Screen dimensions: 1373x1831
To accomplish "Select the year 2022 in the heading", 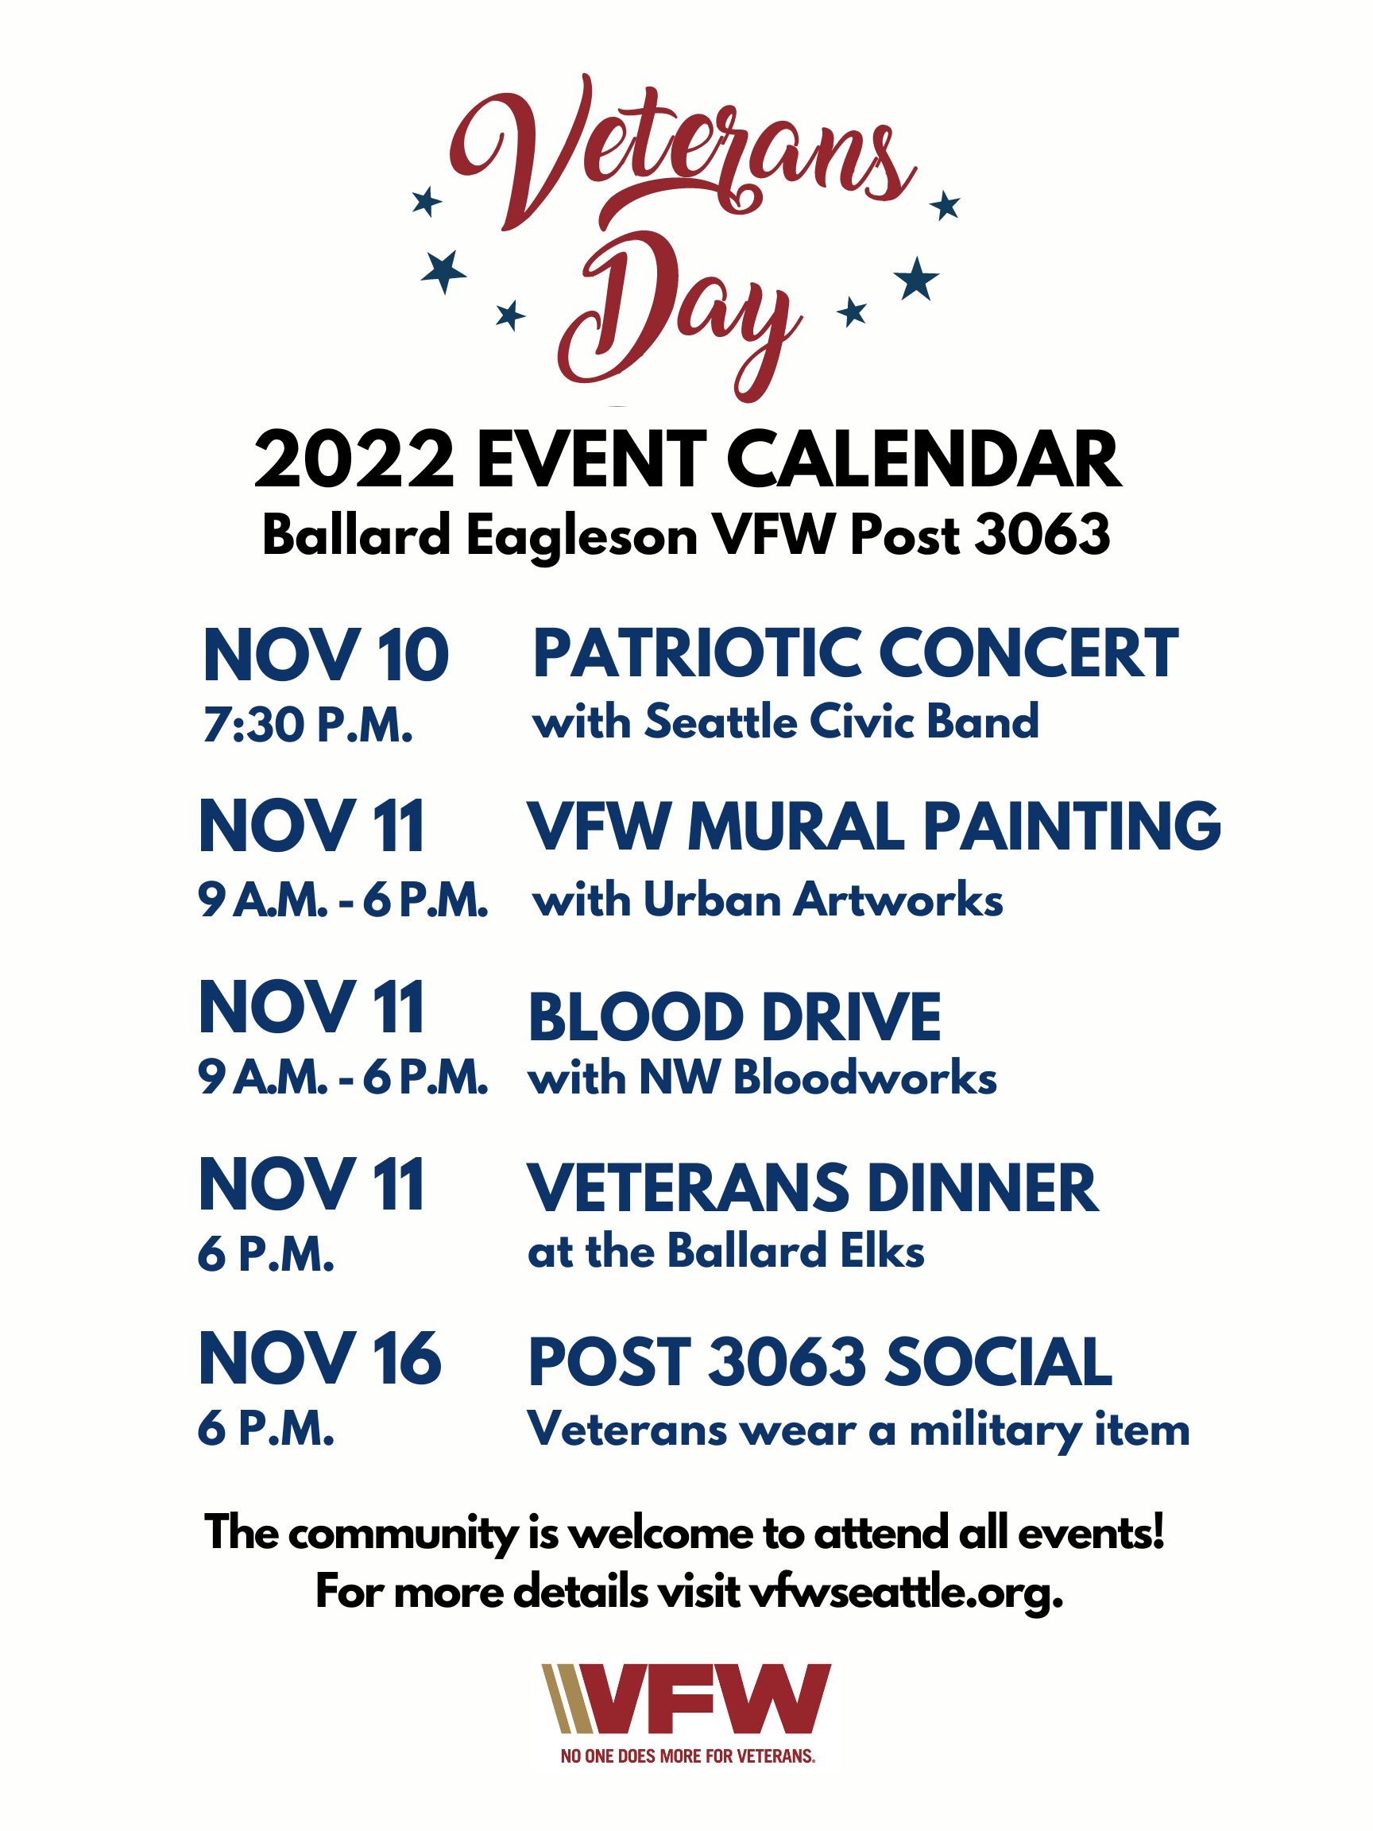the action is (354, 460).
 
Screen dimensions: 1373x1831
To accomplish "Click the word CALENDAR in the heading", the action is (923, 460).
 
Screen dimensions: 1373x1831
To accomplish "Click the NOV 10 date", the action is (326, 656).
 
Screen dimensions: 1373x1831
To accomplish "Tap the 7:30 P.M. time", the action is (307, 725).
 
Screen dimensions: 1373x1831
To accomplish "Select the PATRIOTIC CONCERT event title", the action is (855, 654).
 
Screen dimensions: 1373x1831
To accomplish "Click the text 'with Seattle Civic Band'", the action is (785, 721).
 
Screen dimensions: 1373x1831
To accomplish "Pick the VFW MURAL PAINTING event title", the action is (874, 827).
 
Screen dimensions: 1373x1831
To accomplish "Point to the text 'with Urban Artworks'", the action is (768, 900).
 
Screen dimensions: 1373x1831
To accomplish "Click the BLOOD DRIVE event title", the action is (735, 1017).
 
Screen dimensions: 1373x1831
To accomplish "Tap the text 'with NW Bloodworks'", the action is (762, 1078).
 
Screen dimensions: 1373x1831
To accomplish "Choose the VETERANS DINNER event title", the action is (814, 1189).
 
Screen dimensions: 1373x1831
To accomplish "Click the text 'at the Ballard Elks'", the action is (725, 1251).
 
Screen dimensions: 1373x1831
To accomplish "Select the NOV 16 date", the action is (320, 1360).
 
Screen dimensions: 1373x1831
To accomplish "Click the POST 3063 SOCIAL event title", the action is (820, 1362).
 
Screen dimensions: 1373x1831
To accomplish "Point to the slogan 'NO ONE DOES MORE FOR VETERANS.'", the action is (688, 1756).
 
